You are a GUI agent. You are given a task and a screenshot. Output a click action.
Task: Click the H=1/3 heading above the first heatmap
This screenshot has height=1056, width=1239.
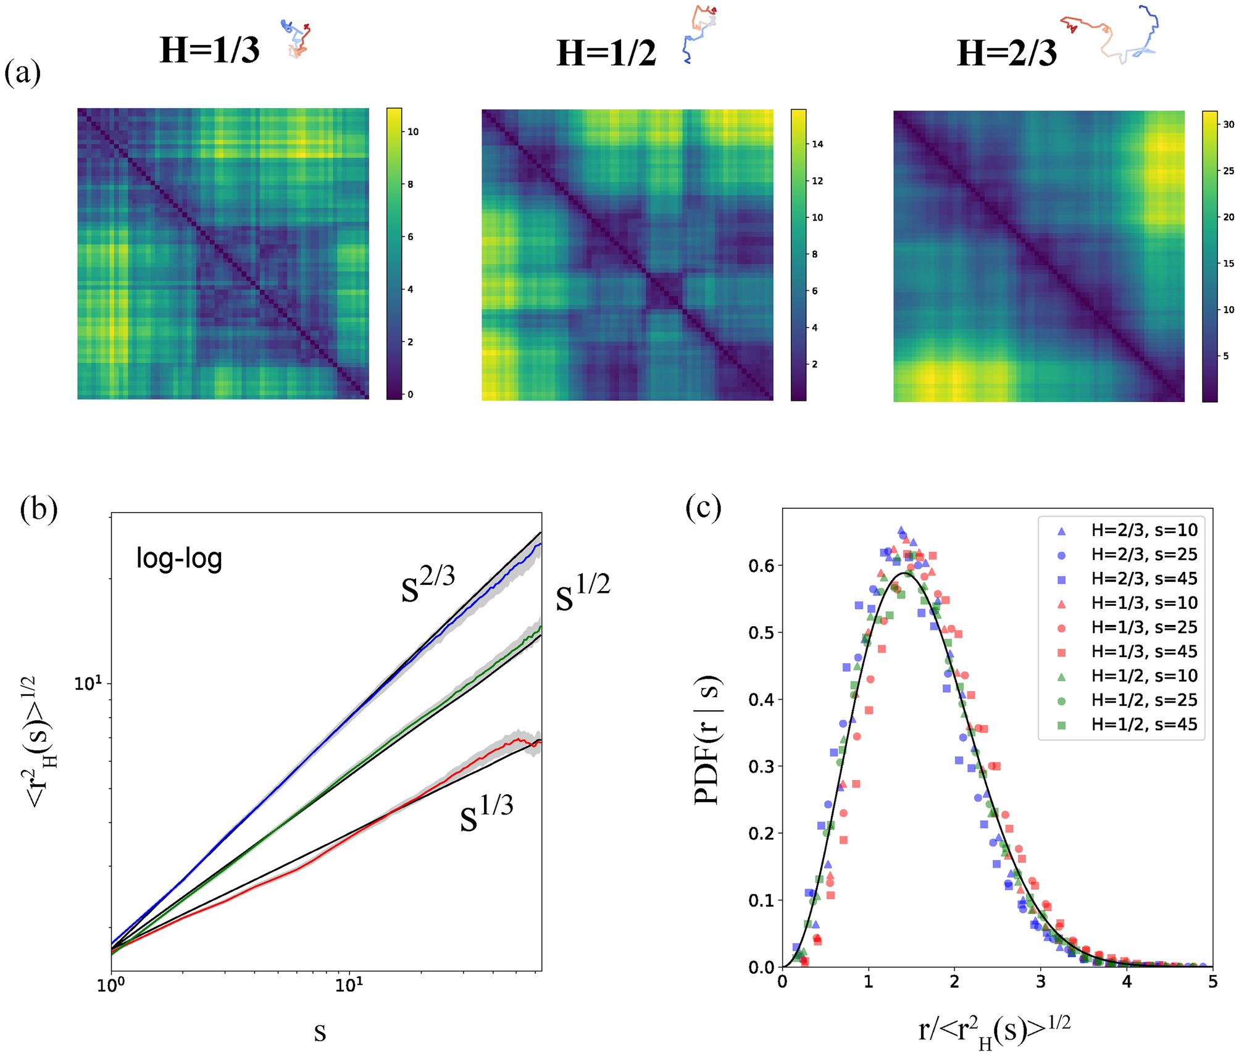point(209,51)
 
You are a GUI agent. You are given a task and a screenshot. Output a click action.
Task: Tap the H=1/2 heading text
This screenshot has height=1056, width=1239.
point(606,54)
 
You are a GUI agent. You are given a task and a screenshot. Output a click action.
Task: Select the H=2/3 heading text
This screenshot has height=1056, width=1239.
point(1006,54)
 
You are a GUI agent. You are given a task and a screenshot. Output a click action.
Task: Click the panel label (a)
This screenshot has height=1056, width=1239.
point(23,73)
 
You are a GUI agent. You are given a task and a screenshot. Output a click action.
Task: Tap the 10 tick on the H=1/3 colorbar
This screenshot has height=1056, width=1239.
point(413,132)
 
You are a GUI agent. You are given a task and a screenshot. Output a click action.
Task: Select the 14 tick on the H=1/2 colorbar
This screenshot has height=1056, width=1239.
point(817,145)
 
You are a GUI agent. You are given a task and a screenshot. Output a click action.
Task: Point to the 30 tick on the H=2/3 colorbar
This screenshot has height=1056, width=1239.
point(1229,125)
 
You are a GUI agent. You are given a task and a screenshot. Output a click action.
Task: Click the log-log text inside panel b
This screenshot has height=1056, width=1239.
point(179,558)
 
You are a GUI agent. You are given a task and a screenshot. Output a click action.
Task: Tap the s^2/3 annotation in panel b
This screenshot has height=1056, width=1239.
point(428,584)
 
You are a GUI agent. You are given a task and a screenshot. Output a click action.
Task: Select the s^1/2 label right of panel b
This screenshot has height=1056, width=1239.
point(583,592)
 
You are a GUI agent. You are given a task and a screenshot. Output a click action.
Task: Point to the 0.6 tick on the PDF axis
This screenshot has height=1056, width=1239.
point(761,566)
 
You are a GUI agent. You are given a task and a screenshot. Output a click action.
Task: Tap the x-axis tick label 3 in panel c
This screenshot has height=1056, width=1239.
point(1041,983)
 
